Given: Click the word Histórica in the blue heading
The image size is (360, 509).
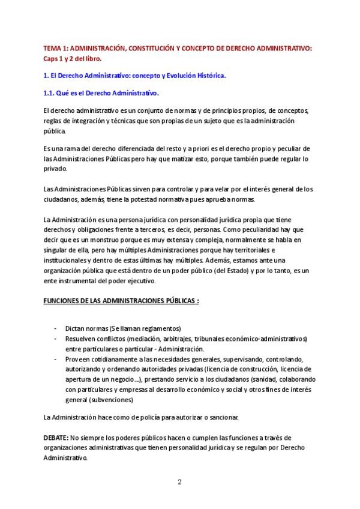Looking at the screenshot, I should point(207,76).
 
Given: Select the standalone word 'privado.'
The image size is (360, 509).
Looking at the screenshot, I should point(56,169).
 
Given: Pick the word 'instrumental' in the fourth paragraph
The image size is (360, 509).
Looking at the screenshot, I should point(76,281).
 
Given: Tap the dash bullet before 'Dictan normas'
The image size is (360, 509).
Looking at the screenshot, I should point(55,328).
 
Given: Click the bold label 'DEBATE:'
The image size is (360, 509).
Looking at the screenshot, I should point(56,438).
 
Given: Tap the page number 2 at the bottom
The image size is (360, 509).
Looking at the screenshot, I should point(179,483).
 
